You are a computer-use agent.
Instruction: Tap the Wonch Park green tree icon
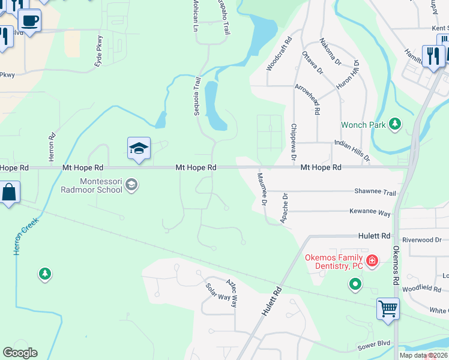click(x=395, y=124)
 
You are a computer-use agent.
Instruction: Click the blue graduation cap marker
click(x=139, y=149)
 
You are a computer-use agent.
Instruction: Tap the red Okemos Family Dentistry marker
click(x=372, y=260)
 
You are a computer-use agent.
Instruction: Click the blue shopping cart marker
click(x=388, y=309)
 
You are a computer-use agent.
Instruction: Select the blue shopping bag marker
click(x=9, y=193)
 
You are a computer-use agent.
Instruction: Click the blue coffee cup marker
click(x=29, y=21)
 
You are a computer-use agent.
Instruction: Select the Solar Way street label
click(x=218, y=293)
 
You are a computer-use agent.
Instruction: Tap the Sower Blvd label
click(x=374, y=344)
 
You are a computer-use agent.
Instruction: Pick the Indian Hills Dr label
click(x=352, y=152)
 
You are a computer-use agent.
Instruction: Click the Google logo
click(x=20, y=353)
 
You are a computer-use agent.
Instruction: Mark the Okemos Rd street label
click(x=396, y=265)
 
